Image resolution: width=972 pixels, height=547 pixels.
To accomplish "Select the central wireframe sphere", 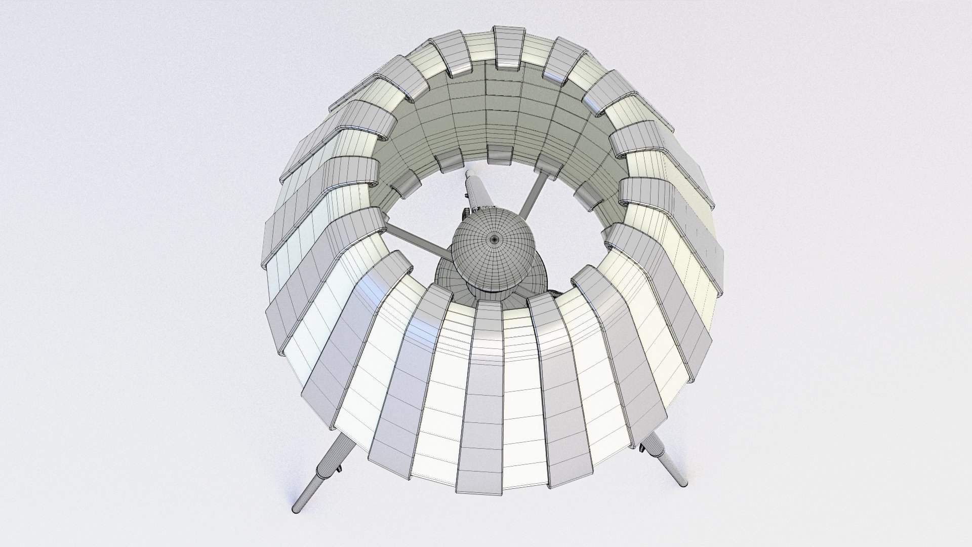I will (x=494, y=253).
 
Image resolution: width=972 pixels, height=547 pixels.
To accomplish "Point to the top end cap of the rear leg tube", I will (x=468, y=175).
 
